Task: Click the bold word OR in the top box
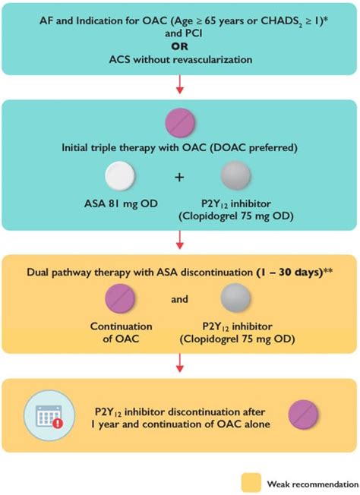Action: pos(180,46)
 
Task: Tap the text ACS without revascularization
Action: pos(181,60)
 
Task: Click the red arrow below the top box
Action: pos(180,84)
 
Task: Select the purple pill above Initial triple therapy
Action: pos(180,123)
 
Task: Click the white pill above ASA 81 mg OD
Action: pos(120,176)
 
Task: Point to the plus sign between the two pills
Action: pos(179,178)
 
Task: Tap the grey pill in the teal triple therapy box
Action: pos(236,175)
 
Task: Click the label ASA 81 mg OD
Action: pos(121,203)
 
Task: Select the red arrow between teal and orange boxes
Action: pos(180,240)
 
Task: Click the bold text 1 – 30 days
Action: pos(289,273)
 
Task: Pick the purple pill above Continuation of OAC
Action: pos(120,298)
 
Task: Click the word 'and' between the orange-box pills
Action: pos(179,299)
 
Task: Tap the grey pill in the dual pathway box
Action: pos(235,298)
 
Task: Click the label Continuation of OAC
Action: pos(122,333)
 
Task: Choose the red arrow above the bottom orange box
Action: pos(180,363)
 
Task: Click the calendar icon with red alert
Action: pos(50,415)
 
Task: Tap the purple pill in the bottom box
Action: pos(304,415)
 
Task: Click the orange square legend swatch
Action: pos(251,483)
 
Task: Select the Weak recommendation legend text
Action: pos(313,484)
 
